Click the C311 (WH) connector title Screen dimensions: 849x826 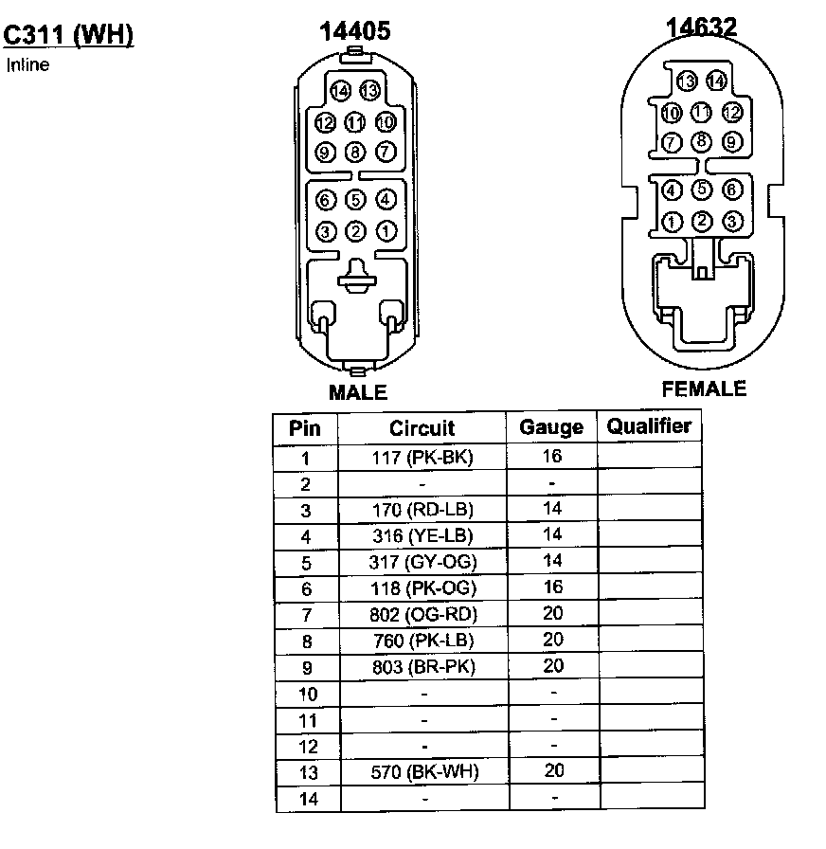tap(68, 35)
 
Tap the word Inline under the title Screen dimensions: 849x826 tap(27, 65)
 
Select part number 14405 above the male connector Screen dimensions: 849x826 tap(354, 31)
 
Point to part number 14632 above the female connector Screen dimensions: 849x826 tap(701, 27)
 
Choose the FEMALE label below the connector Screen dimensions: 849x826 tap(704, 388)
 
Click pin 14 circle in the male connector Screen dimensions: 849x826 tap(341, 91)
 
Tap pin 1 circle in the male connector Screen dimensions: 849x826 tap(386, 230)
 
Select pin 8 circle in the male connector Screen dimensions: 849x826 tap(355, 152)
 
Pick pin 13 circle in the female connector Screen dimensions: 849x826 tap(687, 81)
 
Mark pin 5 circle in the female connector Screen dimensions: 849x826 tap(702, 190)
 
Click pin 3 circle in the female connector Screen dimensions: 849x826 tap(731, 222)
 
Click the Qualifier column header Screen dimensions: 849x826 tap(649, 426)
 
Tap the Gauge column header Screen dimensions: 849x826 tap(551, 427)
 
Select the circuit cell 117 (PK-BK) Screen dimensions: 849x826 tap(422, 458)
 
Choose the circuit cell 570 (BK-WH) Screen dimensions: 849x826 tap(422, 771)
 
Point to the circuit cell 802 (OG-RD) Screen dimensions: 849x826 tap(422, 615)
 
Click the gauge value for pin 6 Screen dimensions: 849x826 tap(553, 587)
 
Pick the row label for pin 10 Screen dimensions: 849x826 tap(307, 694)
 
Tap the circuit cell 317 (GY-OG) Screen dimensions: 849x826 tap(422, 562)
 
